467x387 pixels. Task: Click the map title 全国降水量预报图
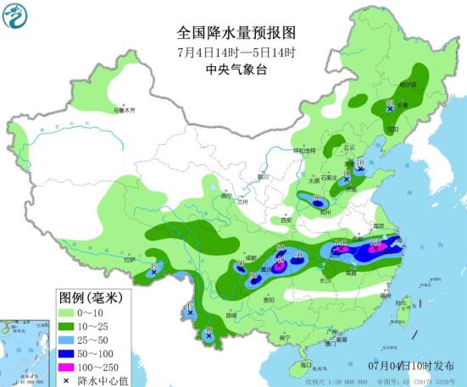click(236, 33)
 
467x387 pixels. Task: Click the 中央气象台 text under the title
click(236, 71)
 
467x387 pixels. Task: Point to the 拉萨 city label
click(129, 260)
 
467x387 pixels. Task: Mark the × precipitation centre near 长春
click(390, 109)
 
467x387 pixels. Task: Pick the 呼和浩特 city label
click(303, 151)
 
